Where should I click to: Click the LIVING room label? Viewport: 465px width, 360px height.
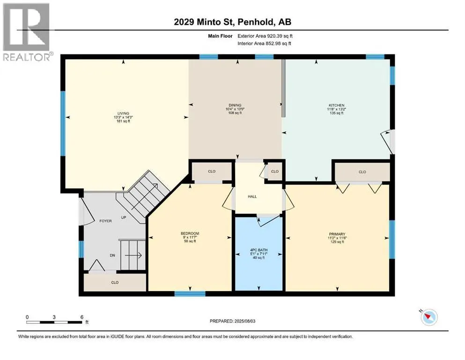click(x=123, y=113)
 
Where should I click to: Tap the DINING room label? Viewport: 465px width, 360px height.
click(x=235, y=105)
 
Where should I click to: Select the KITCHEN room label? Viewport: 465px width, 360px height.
click(x=337, y=105)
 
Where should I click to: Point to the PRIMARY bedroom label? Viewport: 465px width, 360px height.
click(x=337, y=234)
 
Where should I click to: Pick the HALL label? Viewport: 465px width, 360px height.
click(x=252, y=196)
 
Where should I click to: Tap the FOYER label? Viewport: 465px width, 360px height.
click(x=105, y=221)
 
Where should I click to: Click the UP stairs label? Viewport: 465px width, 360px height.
click(x=124, y=217)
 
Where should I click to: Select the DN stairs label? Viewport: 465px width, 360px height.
click(x=112, y=255)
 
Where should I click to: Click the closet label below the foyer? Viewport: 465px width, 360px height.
click(x=115, y=283)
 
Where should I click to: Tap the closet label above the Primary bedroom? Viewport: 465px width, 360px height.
click(x=362, y=172)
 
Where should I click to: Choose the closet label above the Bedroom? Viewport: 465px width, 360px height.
click(x=212, y=171)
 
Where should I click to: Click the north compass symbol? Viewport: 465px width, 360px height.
click(x=428, y=317)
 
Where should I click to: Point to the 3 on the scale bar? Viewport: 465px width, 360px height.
click(x=54, y=317)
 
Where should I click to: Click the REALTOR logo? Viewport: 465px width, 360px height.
click(x=27, y=32)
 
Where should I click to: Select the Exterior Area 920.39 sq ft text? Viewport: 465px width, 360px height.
click(x=265, y=36)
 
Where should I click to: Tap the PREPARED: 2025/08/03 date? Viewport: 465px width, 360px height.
click(x=232, y=321)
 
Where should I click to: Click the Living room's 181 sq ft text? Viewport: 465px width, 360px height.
click(x=123, y=121)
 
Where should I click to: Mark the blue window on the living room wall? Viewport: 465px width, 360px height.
click(x=63, y=123)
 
